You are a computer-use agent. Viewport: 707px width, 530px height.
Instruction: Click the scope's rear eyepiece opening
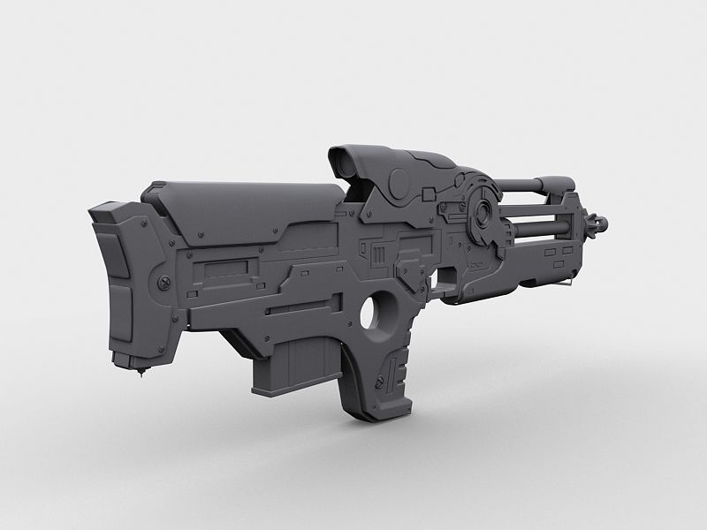345,162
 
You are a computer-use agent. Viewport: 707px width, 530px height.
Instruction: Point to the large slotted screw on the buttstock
164,282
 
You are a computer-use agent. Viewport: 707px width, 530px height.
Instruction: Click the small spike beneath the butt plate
141,374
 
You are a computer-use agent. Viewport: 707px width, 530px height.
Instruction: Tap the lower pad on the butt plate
119,314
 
